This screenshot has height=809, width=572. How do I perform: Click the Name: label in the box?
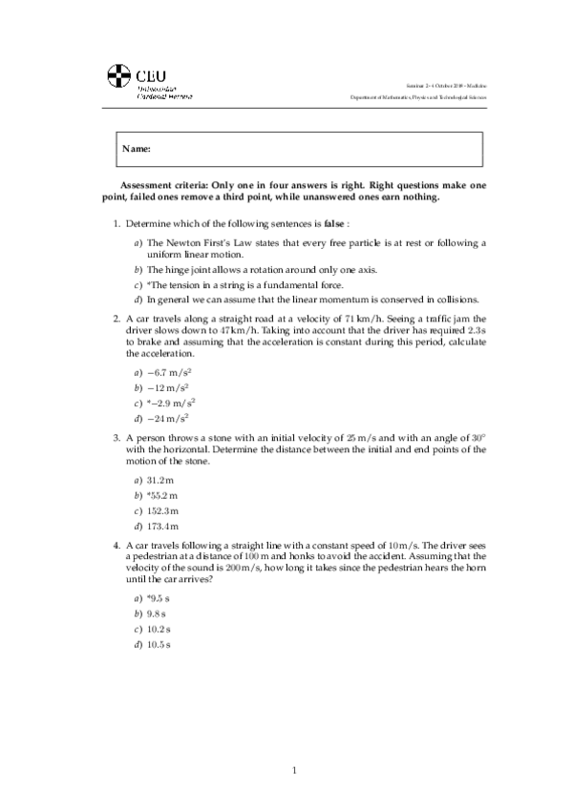click(x=138, y=150)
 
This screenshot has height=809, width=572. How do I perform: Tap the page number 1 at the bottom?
click(x=295, y=770)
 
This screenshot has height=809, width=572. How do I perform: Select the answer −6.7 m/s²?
click(x=172, y=372)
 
